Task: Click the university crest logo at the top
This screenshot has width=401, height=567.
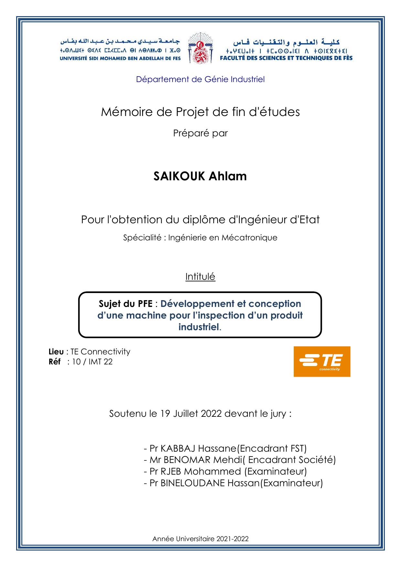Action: (x=200, y=48)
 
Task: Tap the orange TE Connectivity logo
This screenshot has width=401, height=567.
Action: (x=322, y=361)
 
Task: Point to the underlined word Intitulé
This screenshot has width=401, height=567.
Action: (x=200, y=277)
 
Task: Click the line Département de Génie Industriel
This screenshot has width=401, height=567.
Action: (x=200, y=79)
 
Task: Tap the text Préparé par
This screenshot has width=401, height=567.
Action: (x=200, y=133)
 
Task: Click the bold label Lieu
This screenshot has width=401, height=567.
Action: (x=56, y=352)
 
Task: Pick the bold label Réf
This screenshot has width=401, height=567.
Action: (x=54, y=362)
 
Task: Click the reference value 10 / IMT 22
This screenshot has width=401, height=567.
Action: (x=92, y=362)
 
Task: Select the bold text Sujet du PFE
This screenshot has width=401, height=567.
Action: (x=126, y=304)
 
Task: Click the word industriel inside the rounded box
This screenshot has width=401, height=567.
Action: (x=199, y=327)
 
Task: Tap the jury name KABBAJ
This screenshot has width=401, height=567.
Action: (x=178, y=448)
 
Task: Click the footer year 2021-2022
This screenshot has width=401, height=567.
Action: (x=232, y=539)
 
